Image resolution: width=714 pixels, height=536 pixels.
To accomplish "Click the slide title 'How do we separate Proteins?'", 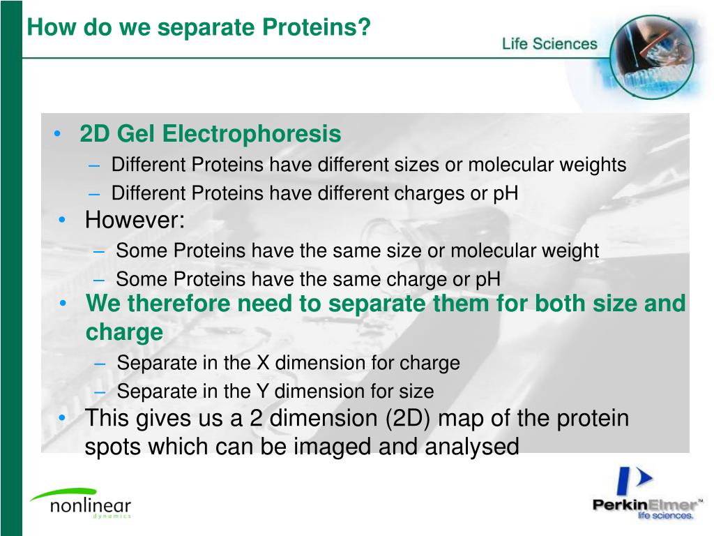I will pos(199,28).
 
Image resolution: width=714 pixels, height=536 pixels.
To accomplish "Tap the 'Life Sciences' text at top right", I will pos(549,44).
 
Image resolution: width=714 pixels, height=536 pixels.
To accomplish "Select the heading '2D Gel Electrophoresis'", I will pos(210,133).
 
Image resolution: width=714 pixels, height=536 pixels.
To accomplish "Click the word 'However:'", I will pos(135,221).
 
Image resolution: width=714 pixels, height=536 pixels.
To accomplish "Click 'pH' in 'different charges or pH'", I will pos(506,193).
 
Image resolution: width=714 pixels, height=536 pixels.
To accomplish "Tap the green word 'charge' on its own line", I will pos(124,332).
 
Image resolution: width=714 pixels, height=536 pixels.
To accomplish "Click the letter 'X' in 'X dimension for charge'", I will pos(263,364).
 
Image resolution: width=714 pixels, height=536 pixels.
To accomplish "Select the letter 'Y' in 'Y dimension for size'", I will pos(263,392).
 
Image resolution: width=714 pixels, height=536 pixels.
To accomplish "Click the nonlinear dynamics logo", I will pos(80,503).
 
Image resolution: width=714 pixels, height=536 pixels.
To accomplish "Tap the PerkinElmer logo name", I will pos(645,505).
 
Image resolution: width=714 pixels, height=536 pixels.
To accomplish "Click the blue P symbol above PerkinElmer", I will pos(632,482).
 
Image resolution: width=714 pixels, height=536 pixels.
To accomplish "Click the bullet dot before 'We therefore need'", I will pos(63,304).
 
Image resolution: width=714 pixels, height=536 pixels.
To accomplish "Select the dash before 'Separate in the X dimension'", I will pos(102,364).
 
